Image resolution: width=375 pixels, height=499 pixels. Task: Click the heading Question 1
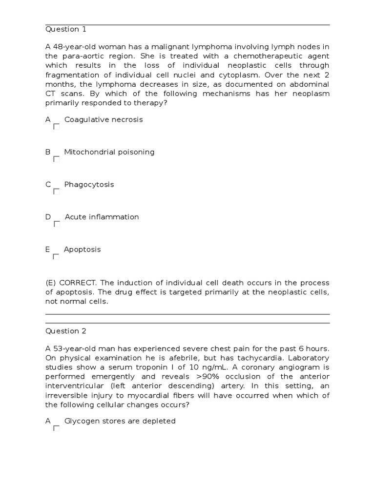point(65,29)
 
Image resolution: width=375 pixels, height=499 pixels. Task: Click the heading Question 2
point(65,331)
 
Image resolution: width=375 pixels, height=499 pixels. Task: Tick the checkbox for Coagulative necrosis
point(57,127)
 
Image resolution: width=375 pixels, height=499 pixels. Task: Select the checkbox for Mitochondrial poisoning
point(57,159)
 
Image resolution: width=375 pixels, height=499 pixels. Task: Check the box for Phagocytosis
point(57,192)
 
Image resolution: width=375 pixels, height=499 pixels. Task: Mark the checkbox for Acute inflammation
point(57,224)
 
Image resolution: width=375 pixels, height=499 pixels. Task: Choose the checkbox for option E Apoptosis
point(56,256)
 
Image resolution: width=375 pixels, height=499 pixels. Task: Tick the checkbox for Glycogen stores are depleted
point(57,428)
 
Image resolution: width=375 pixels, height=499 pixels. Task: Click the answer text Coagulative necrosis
point(104,119)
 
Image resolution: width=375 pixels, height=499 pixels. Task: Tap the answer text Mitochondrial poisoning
point(109,152)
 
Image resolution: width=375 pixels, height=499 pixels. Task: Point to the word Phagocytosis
point(89,184)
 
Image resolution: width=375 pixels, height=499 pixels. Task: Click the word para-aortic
point(83,56)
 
